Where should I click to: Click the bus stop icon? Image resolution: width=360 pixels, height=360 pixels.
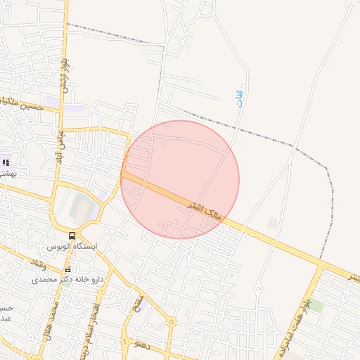72,236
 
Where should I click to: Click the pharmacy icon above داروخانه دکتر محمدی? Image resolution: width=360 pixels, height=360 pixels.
68,270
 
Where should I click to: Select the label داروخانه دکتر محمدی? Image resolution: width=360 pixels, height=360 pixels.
67,279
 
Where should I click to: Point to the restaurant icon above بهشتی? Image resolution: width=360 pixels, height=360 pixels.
6,162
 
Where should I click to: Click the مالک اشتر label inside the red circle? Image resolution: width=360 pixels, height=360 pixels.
205,210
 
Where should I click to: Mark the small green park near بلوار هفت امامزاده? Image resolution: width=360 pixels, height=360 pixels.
316,306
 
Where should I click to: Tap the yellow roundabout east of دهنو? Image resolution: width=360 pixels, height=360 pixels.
171,322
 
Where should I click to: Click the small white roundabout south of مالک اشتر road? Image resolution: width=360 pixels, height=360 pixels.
258,288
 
